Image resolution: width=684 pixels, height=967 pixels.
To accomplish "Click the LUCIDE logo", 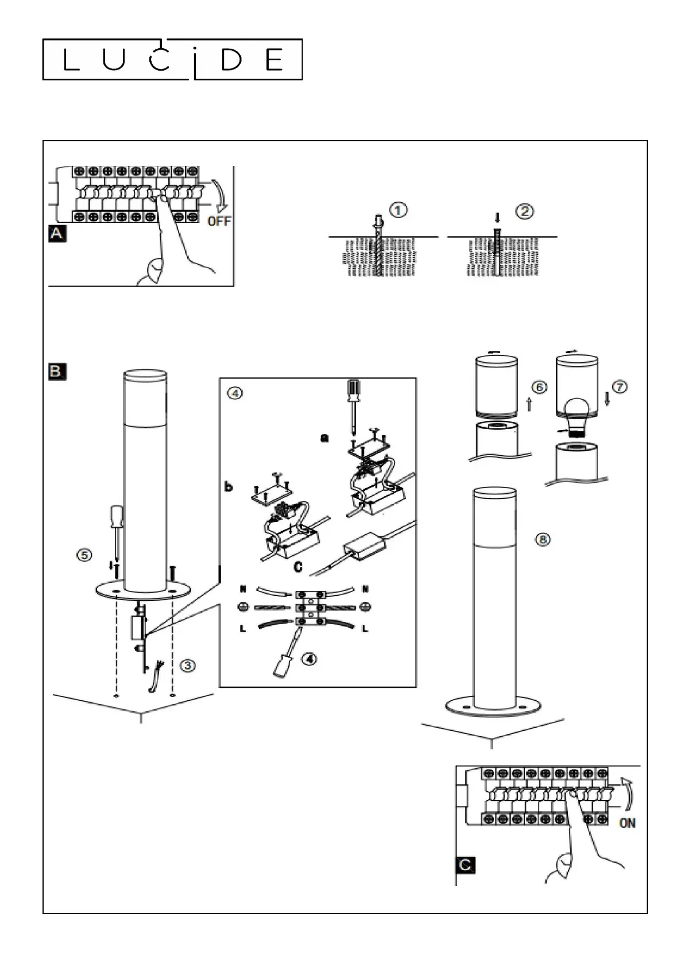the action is [172, 60].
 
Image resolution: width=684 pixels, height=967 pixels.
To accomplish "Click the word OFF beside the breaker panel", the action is [219, 221].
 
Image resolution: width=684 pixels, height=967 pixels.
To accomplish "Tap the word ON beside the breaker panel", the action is [627, 823].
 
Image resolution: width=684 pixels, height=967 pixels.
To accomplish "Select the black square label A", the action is [57, 234].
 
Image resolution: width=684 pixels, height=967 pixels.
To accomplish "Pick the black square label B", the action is [57, 372].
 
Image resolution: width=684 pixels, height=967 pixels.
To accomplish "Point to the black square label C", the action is [466, 865].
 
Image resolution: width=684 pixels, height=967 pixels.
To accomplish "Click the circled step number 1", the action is [398, 210].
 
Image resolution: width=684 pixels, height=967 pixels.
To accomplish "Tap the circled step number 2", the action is [525, 211].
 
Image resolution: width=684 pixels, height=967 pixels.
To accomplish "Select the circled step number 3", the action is [187, 666].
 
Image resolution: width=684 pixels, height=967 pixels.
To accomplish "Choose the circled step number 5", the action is [84, 555].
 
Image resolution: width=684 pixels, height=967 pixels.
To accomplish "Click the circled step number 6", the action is [539, 387].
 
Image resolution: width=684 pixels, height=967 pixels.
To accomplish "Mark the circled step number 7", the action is [620, 386].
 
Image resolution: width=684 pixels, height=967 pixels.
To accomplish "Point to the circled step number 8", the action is [543, 539].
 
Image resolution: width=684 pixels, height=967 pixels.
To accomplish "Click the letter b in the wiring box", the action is [229, 486].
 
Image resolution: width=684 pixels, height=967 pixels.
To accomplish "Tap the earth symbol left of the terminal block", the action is [244, 607].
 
